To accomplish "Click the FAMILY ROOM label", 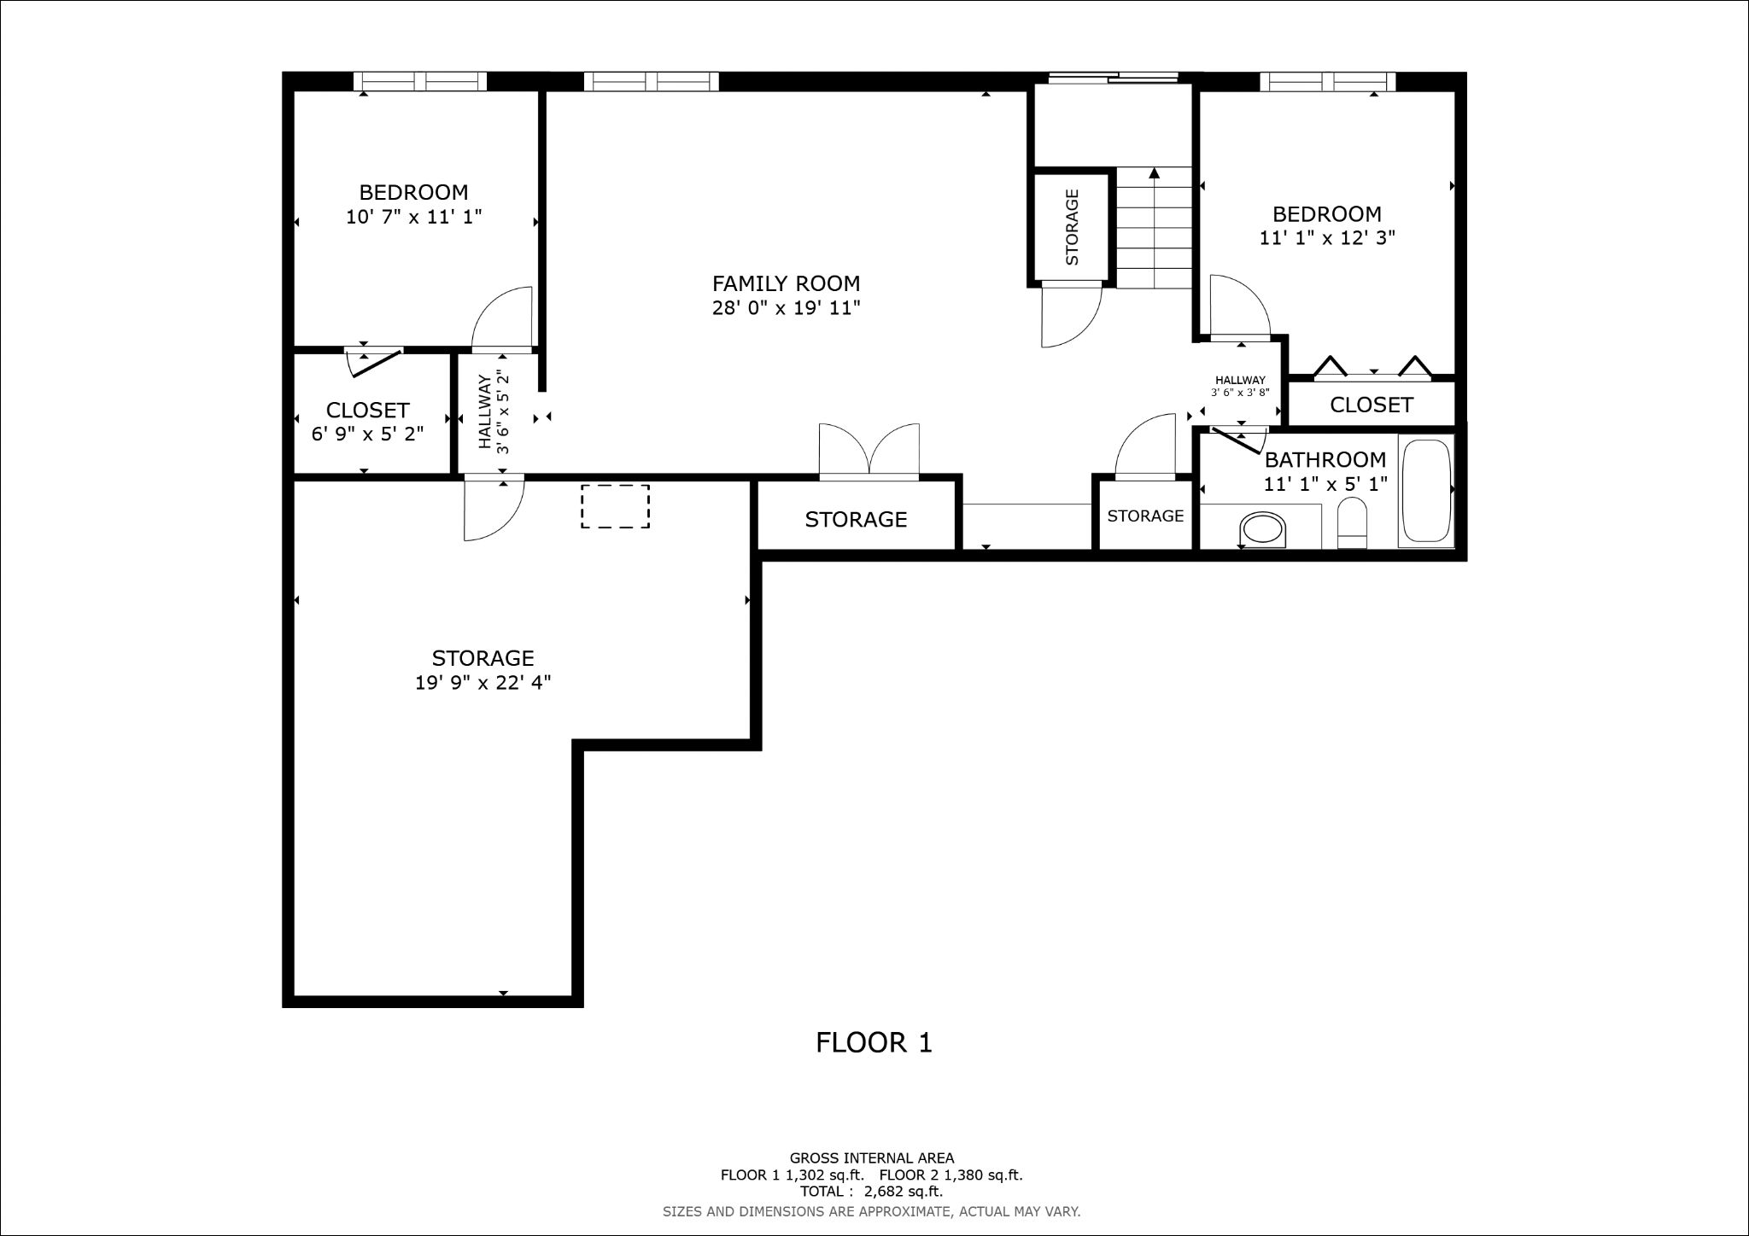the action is pyautogui.click(x=786, y=283).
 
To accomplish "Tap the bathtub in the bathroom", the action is pyautogui.click(x=1426, y=491).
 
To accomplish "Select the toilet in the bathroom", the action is pyautogui.click(x=1352, y=523).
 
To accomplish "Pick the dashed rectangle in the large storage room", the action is pyautogui.click(x=615, y=506).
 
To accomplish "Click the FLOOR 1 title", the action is pyautogui.click(x=874, y=1042).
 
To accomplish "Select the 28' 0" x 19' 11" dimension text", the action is pyautogui.click(x=786, y=308).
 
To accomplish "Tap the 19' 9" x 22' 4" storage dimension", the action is pyautogui.click(x=483, y=683).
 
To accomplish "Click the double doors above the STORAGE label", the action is pyautogui.click(x=869, y=449).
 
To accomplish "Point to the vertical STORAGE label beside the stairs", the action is pyautogui.click(x=1073, y=227).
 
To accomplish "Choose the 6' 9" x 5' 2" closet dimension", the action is pyautogui.click(x=367, y=434).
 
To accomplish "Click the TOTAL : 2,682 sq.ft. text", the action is pyautogui.click(x=871, y=1192).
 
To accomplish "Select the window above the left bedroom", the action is pyautogui.click(x=419, y=81).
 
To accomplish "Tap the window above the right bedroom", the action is pyautogui.click(x=1327, y=81).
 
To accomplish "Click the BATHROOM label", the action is pyautogui.click(x=1325, y=460).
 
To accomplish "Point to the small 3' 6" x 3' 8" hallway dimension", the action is pyautogui.click(x=1240, y=393).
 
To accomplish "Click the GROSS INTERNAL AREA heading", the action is pyautogui.click(x=872, y=1158).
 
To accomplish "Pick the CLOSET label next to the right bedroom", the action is pyautogui.click(x=1372, y=405).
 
